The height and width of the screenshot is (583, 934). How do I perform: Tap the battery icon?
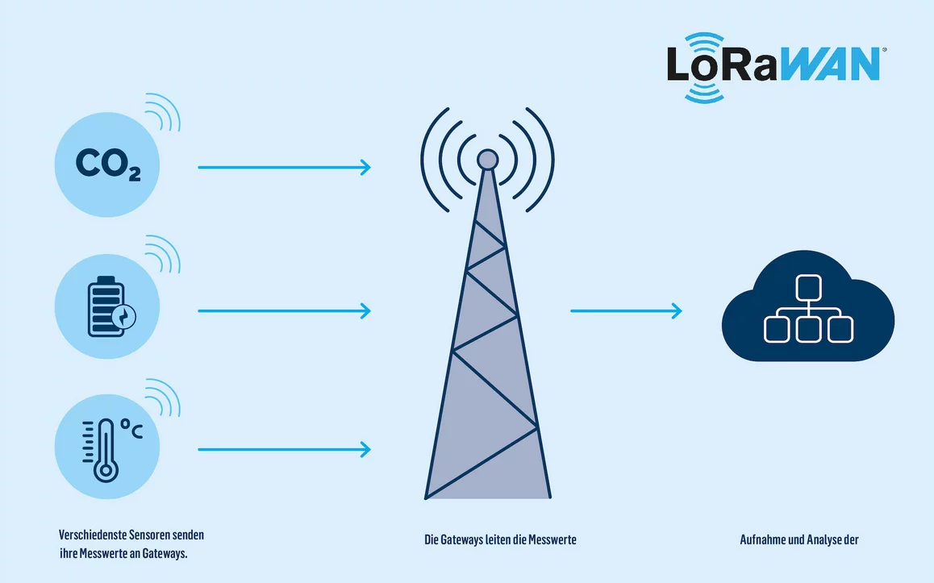(x=107, y=306)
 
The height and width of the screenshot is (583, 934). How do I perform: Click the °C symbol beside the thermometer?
(x=131, y=428)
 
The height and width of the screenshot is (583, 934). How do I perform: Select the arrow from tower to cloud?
(x=626, y=310)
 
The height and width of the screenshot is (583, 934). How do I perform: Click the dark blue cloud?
(x=807, y=311)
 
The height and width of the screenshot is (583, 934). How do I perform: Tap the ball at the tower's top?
(x=487, y=160)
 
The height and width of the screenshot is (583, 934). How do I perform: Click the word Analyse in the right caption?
(x=823, y=540)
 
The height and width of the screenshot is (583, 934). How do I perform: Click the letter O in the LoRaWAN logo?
(x=705, y=67)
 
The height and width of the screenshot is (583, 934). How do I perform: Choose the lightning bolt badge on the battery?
(x=125, y=317)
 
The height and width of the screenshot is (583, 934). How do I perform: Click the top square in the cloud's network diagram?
(x=808, y=287)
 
